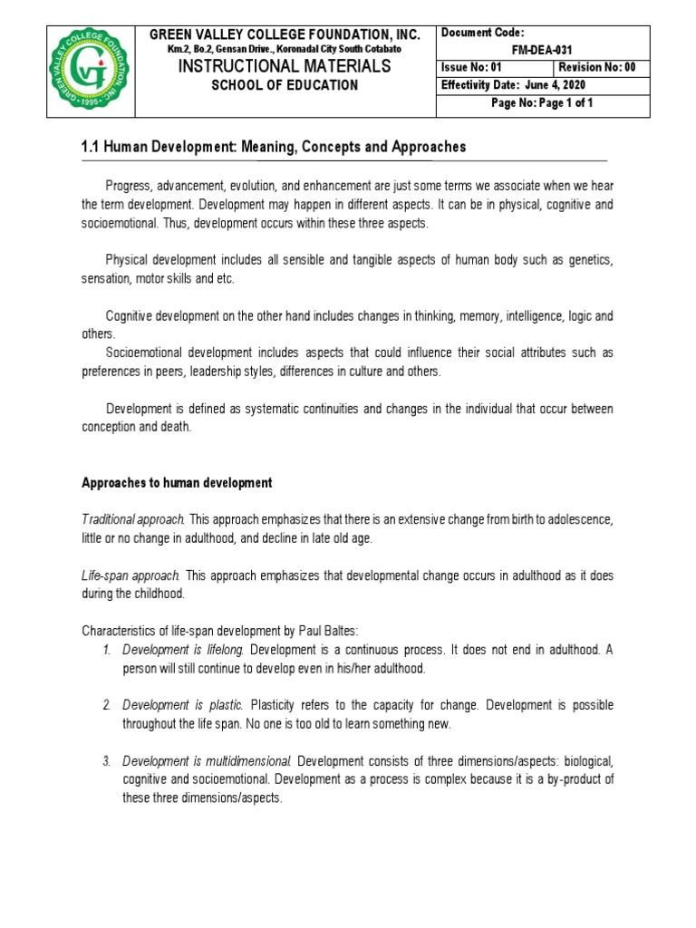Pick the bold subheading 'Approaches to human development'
point(177,483)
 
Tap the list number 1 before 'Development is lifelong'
point(106,650)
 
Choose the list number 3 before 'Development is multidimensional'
point(106,760)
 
